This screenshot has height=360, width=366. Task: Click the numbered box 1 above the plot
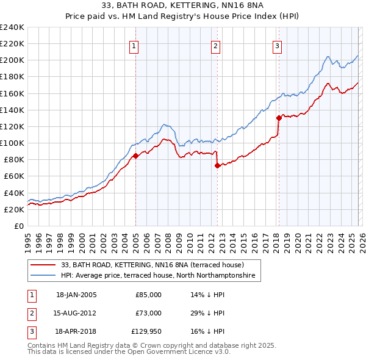click(x=134, y=45)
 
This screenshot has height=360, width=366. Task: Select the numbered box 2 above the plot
click(x=215, y=45)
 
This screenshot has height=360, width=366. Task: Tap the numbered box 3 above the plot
click(x=277, y=45)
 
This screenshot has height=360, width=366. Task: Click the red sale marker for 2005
click(x=135, y=156)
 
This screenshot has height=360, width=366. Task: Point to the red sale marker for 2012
click(x=217, y=165)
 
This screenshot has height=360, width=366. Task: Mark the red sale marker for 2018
click(x=279, y=118)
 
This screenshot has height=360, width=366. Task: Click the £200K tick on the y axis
click(x=12, y=60)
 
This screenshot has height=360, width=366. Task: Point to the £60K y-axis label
click(x=14, y=176)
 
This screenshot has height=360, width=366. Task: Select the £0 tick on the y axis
click(x=20, y=226)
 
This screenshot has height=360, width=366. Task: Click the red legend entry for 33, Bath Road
click(x=152, y=265)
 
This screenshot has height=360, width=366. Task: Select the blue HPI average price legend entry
click(x=160, y=276)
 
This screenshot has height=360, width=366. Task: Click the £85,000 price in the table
click(x=148, y=295)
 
